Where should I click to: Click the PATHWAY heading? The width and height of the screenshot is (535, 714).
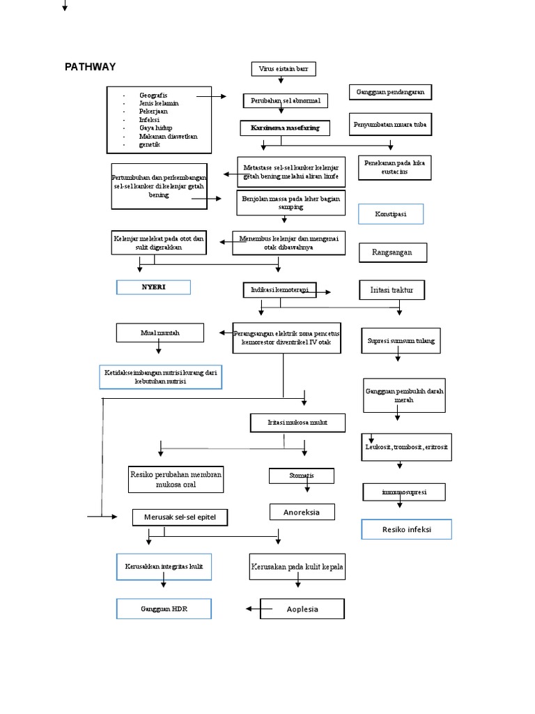click(x=91, y=68)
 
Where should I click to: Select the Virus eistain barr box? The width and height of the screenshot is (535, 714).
click(x=283, y=68)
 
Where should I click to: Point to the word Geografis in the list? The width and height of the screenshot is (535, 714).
click(x=153, y=95)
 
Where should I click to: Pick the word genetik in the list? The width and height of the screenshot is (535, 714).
click(x=150, y=145)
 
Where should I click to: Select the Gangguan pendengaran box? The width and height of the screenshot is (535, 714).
click(x=390, y=92)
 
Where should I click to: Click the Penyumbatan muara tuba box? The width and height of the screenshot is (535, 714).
click(x=390, y=126)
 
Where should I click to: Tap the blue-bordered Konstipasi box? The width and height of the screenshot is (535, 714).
click(x=391, y=214)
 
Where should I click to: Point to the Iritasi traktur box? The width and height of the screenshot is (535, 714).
click(x=391, y=289)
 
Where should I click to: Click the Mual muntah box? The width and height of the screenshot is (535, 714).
click(x=160, y=333)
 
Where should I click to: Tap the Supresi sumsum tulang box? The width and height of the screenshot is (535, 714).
click(x=401, y=341)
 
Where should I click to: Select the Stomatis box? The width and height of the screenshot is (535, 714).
click(x=301, y=476)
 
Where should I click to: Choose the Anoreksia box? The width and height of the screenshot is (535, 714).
click(x=302, y=512)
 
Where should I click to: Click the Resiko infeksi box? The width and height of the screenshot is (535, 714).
click(x=407, y=529)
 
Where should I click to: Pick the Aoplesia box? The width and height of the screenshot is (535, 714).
click(x=302, y=609)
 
